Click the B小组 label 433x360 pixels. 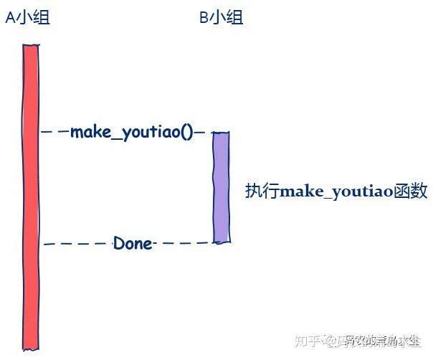pyautogui.click(x=221, y=18)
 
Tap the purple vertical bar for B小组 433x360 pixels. pyautogui.click(x=221, y=186)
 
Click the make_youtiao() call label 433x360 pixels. pyautogui.click(x=132, y=133)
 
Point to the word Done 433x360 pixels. pyautogui.click(x=133, y=244)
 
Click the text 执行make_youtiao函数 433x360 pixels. pyautogui.click(x=336, y=191)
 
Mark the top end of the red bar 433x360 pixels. pyautogui.click(x=31, y=47)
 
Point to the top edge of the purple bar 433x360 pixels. pyautogui.click(x=221, y=133)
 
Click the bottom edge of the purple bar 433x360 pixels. pyautogui.click(x=221, y=242)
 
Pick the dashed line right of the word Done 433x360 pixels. pyautogui.click(x=183, y=243)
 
